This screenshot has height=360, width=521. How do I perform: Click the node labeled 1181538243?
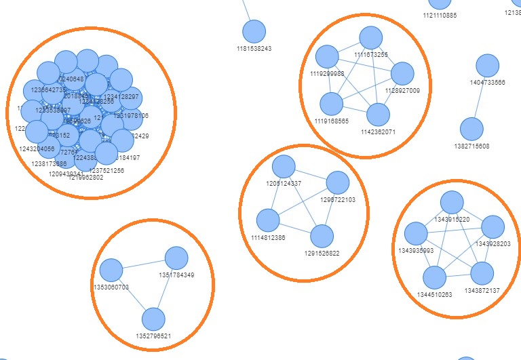pos(254,31)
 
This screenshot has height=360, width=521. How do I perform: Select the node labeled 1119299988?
pos(327,57)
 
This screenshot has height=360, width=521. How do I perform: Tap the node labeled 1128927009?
pos(402,73)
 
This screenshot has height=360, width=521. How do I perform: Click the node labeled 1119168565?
pos(332,104)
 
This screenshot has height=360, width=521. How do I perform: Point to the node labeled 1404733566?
pos(487,66)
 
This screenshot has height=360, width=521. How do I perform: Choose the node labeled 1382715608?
pos(471,129)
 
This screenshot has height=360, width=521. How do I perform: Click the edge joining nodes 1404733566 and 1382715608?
pos(480,97)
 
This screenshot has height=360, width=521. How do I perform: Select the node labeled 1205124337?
pos(284,166)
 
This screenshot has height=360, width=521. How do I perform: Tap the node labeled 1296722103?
pos(337,183)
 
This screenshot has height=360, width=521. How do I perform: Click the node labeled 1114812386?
pos(268,220)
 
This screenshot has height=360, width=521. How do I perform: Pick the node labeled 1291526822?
pos(322,236)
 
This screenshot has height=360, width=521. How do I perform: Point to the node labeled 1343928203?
pos(493,226)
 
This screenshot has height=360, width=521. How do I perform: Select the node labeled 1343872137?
pos(482,273)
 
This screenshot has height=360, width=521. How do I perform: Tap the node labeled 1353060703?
pos(111,270)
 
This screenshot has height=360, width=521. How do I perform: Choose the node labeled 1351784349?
pos(176,258)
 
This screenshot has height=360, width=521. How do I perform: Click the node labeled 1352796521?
pos(154,319)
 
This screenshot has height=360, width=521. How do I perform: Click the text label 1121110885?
pos(440,15)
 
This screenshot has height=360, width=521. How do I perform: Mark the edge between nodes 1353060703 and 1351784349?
pos(144,264)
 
